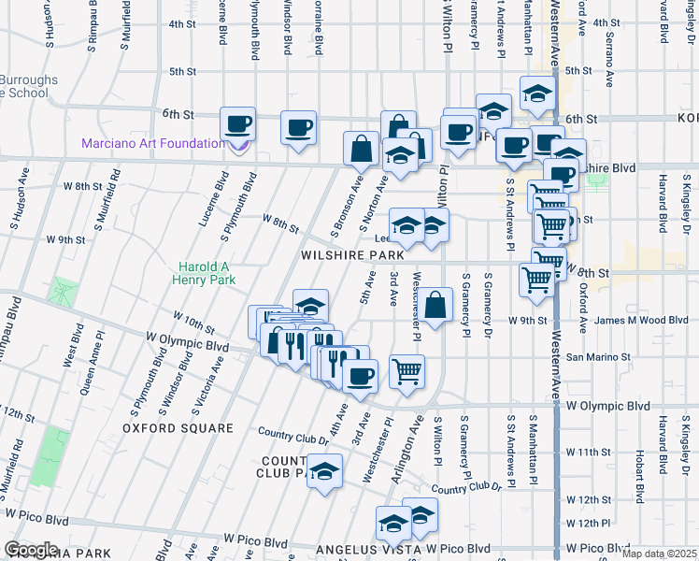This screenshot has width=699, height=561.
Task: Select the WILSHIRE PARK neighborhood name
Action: [353, 254]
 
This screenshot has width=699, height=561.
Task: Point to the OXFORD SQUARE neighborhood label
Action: [178, 428]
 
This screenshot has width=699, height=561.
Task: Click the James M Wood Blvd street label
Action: [625, 321]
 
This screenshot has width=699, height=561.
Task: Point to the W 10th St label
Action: [193, 324]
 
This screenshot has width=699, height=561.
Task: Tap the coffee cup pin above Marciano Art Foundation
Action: [237, 123]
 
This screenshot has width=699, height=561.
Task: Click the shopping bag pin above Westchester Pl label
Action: [435, 304]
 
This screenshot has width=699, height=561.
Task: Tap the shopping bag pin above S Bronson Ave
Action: [361, 148]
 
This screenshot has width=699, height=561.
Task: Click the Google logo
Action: [31, 550]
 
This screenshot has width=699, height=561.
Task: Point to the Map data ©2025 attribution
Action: [660, 554]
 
